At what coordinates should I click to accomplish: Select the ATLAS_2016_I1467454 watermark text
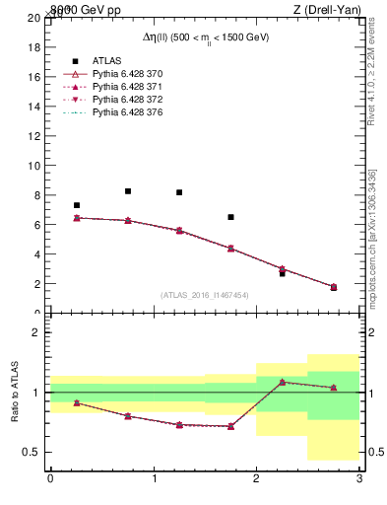click(x=204, y=295)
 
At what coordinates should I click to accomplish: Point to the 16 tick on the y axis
click(x=34, y=77)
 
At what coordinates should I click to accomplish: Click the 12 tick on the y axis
click(x=34, y=136)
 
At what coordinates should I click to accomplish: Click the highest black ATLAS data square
click(x=128, y=191)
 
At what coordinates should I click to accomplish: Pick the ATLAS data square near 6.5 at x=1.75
click(x=230, y=217)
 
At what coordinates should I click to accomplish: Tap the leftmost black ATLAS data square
click(x=77, y=205)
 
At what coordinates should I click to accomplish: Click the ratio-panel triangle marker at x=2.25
click(x=282, y=382)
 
